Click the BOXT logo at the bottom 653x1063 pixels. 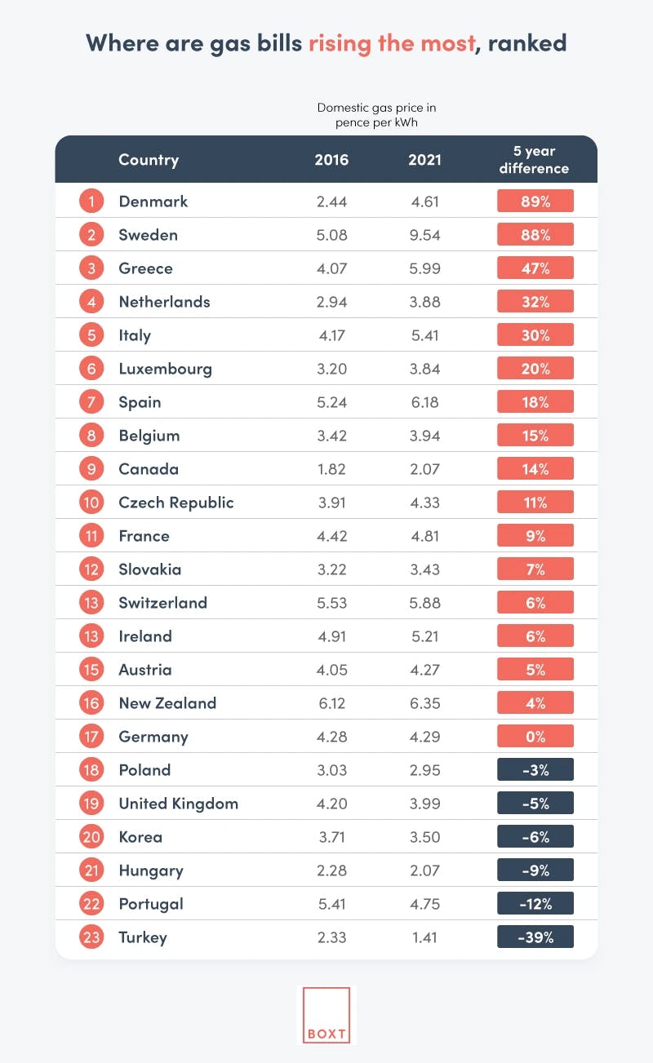(x=326, y=1014)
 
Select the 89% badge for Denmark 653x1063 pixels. (x=535, y=202)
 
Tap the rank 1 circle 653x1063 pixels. (x=91, y=202)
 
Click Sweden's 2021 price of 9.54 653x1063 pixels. (x=424, y=235)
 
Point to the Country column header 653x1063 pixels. (x=149, y=160)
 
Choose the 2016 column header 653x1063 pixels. (x=331, y=160)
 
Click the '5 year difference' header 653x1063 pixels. (x=535, y=160)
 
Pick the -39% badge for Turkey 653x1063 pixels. (x=535, y=937)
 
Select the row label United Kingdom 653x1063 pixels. (x=179, y=804)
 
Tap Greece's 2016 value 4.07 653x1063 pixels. (x=331, y=268)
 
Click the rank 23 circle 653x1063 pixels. (x=91, y=937)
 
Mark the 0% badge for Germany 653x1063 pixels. (x=535, y=737)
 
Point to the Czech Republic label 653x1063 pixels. (x=176, y=503)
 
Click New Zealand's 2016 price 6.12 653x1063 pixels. (x=331, y=703)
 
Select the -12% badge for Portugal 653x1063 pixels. (x=535, y=904)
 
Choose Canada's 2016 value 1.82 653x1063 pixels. (x=331, y=469)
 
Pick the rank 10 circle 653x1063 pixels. (x=91, y=503)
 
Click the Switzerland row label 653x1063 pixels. (x=163, y=603)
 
